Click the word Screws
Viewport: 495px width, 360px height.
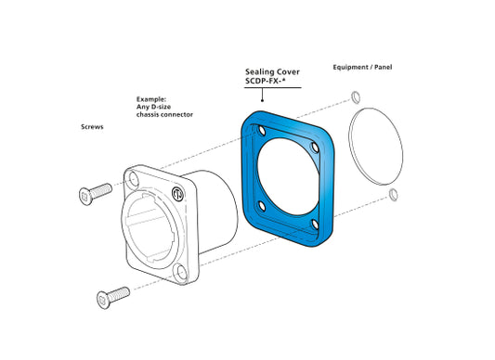(x=91, y=126)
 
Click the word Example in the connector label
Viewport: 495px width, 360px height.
(x=150, y=97)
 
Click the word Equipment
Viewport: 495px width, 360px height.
(x=353, y=67)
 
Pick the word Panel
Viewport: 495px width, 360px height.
(x=383, y=67)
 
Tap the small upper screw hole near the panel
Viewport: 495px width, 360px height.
(x=357, y=96)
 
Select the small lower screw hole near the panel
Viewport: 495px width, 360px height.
(x=394, y=195)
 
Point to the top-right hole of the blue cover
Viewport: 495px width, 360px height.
(x=317, y=146)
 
